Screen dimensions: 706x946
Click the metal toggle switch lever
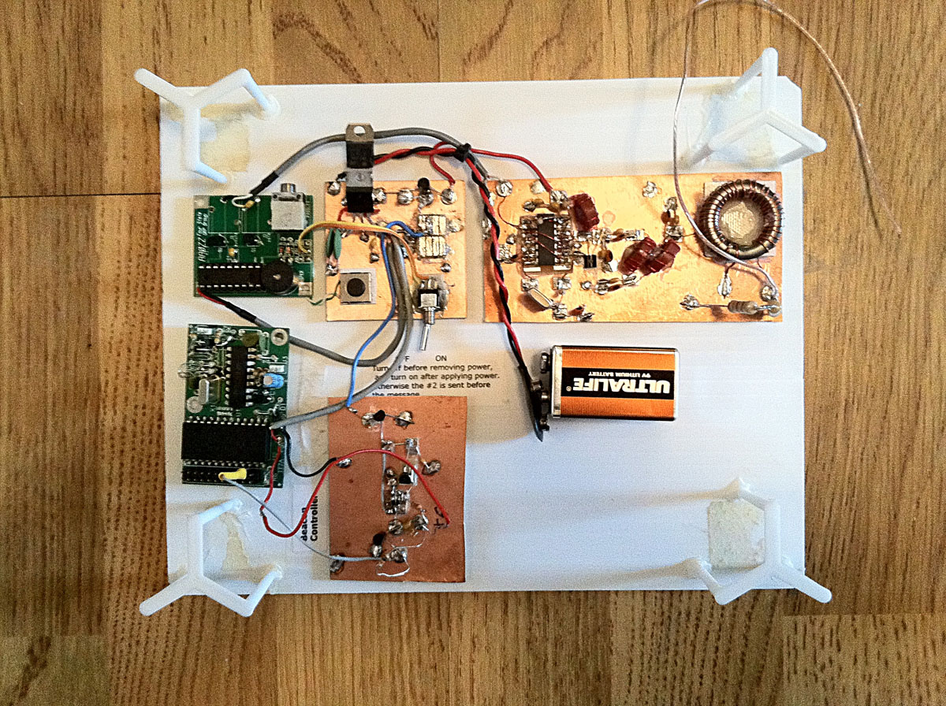(x=423, y=336)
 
